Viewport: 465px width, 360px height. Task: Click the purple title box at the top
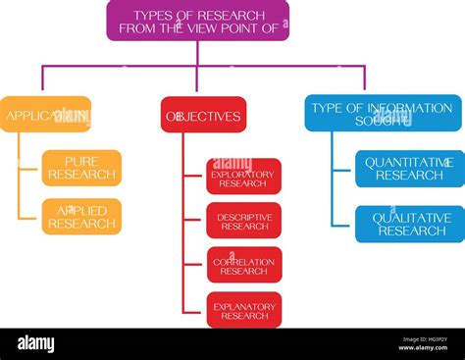(x=197, y=21)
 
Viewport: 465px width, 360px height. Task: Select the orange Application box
(x=45, y=114)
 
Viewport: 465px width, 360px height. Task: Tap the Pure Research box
(x=81, y=168)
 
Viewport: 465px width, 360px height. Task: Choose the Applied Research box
(x=81, y=216)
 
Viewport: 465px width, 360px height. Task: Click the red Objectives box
(x=203, y=115)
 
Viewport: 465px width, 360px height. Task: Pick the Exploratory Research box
(x=243, y=177)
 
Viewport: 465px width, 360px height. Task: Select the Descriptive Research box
(x=243, y=221)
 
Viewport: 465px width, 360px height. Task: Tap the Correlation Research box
(x=243, y=265)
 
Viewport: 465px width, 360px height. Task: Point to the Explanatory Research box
(x=243, y=310)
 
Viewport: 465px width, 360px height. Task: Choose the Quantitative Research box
(x=409, y=169)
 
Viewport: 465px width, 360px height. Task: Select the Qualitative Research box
(x=409, y=224)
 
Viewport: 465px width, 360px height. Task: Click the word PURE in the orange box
(x=81, y=161)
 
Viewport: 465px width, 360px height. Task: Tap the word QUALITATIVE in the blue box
(x=410, y=218)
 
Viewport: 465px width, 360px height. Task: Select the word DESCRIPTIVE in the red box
(x=244, y=216)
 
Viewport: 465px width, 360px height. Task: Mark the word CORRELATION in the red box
(x=244, y=260)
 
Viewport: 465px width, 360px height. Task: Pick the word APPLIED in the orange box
(x=81, y=210)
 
